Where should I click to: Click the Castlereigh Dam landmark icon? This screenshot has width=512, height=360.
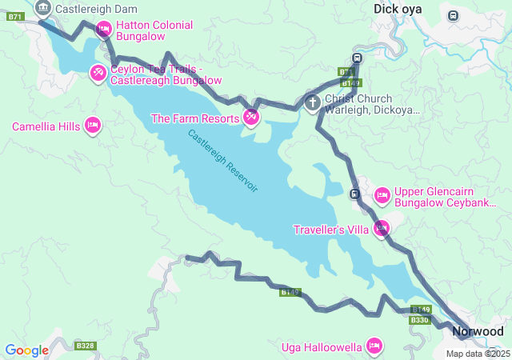(43, 9)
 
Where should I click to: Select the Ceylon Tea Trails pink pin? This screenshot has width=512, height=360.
(98, 74)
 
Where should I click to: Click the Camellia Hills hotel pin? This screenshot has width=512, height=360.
(93, 126)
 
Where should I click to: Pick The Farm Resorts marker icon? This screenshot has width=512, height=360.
(251, 118)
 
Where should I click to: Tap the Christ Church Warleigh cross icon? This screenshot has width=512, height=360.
(313, 102)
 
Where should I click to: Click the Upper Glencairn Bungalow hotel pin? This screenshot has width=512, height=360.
(382, 194)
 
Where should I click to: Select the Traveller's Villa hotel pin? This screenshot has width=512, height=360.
(382, 229)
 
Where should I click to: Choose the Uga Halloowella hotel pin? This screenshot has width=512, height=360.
(373, 346)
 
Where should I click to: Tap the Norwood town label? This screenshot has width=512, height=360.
(478, 331)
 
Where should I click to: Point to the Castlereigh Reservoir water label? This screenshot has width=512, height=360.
(223, 160)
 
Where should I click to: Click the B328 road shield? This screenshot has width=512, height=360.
(85, 346)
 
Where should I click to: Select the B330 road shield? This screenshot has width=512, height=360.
(420, 320)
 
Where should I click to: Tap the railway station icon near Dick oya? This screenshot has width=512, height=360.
(454, 15)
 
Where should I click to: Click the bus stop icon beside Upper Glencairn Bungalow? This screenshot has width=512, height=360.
(354, 194)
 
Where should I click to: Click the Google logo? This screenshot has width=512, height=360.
(26, 350)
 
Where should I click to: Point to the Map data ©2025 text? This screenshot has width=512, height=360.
(478, 354)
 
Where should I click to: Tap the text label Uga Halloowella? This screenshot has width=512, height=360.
(322, 347)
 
